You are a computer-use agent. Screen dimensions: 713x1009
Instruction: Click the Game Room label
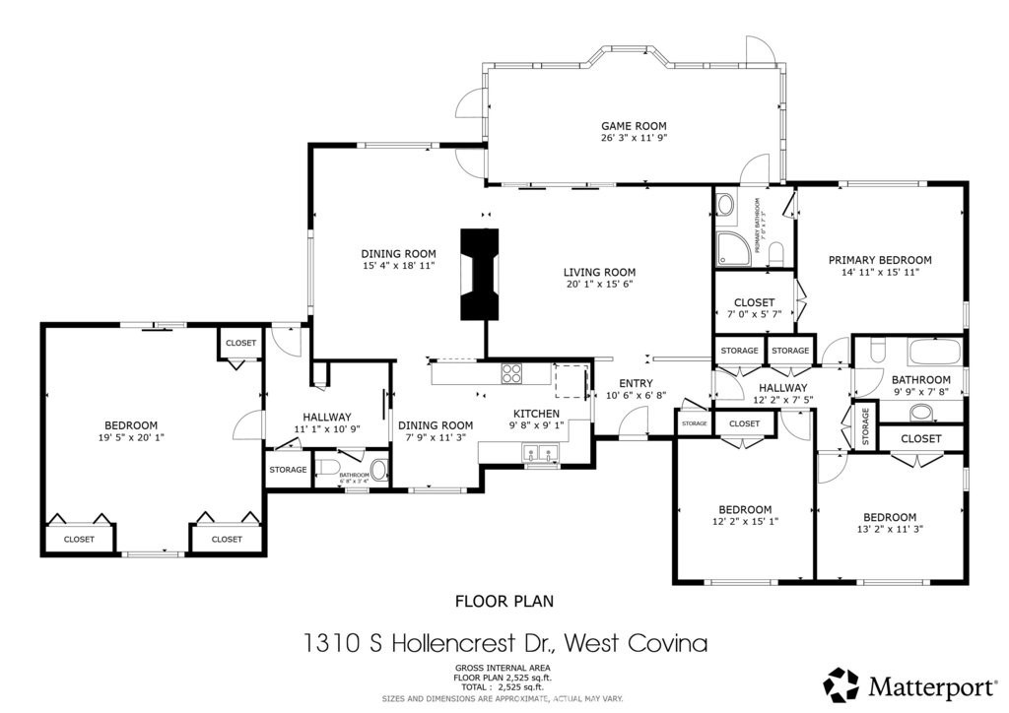point(634,126)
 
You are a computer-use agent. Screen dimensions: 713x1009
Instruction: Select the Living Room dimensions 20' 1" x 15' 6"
point(599,285)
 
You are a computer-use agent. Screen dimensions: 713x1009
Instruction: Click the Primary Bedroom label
point(879,260)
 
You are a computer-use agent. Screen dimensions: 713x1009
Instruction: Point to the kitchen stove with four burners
point(513,372)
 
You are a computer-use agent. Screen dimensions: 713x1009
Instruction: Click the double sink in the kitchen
point(539,454)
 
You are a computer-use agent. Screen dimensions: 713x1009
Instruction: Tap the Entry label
point(636,383)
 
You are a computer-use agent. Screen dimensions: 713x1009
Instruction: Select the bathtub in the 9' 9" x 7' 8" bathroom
point(931,353)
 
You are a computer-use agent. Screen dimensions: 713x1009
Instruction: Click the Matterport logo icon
point(841,684)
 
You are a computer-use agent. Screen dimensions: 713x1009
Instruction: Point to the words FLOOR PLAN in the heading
point(504,600)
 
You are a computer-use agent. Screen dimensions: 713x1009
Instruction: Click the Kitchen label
point(536,413)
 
